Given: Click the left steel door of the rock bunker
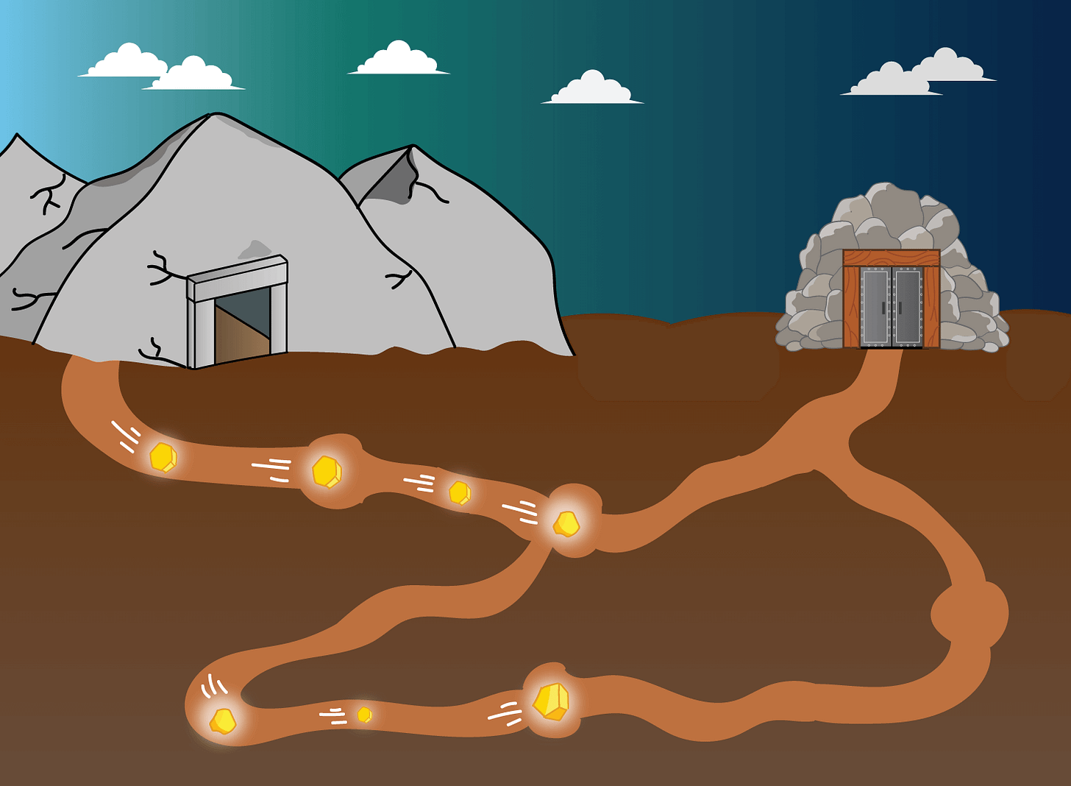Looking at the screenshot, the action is pos(875,306).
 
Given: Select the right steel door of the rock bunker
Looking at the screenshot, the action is pos(908,306).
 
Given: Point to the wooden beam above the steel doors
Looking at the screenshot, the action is pos(891,258).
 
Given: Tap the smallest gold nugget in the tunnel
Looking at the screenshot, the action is pos(364,715).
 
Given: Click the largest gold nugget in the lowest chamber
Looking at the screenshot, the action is pos(552,701).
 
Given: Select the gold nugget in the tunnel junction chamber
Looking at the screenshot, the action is pos(566,524).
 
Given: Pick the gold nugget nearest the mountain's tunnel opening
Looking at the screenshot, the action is pos(163,457).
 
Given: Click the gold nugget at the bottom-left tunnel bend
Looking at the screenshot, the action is pos(223,720).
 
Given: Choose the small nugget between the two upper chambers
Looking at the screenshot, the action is pos(460,492).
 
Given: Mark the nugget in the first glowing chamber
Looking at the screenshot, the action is pos(326,472).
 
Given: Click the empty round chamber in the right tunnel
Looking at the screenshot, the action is pos(969,613).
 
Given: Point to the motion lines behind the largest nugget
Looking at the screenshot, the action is pos(505,712).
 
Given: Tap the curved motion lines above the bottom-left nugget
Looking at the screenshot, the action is pos(213,687).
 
